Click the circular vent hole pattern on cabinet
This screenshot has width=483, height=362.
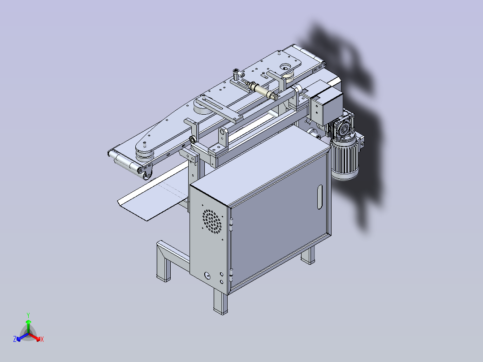[212, 221]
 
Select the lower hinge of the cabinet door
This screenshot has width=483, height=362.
[231, 271]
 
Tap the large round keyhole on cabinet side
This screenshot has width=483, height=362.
[207, 275]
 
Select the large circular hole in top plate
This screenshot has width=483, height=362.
[286, 66]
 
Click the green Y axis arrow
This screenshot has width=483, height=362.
[28, 323]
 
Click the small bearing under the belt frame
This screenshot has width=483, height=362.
[194, 140]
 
